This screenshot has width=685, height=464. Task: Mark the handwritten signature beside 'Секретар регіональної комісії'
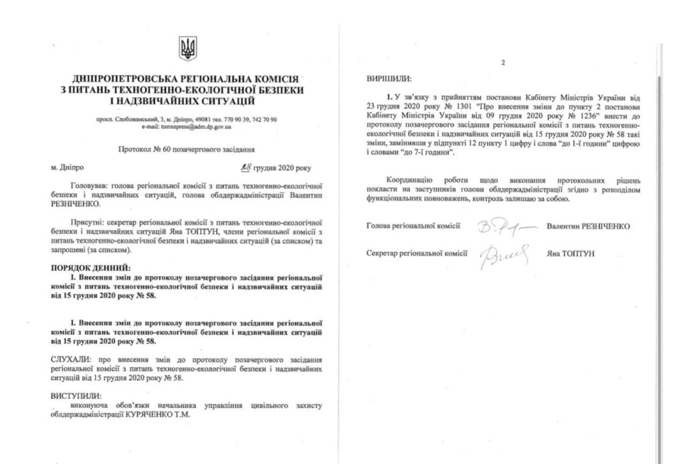tap(505, 255)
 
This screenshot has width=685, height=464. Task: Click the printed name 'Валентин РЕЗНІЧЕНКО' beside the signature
tap(588, 226)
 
